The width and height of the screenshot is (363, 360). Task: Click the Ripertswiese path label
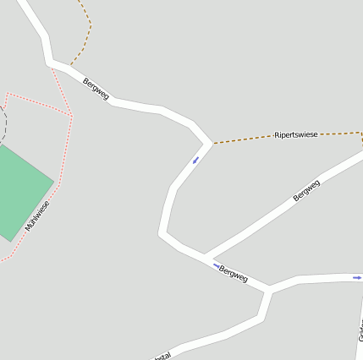296,135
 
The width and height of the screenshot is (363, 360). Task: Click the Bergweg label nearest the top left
96,89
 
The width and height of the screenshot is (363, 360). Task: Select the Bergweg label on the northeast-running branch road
306,190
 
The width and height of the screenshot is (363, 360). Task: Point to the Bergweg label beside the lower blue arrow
233,274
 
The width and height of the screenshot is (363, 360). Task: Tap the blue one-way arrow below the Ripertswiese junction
195,160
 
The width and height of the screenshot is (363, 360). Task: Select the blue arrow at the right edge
357,277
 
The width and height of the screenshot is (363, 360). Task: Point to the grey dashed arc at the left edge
3,123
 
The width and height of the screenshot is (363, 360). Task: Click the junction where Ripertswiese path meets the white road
211,144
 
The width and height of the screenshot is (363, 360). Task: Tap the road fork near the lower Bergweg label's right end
269,291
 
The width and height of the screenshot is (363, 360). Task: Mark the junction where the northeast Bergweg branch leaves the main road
203,256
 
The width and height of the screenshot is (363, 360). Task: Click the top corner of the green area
0,145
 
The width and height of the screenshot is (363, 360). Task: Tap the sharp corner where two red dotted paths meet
73,116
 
